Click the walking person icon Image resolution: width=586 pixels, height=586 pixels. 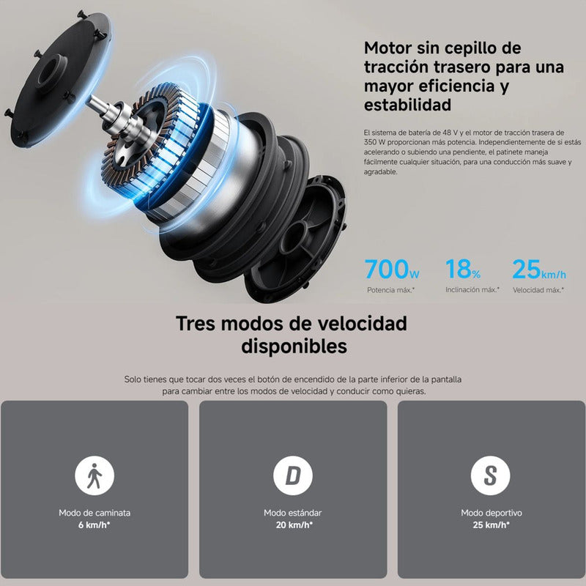click(x=94, y=477)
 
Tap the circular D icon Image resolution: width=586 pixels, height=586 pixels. click(x=292, y=477)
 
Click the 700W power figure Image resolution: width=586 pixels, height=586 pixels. click(x=393, y=270)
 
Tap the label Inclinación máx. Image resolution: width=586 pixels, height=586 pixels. click(x=472, y=290)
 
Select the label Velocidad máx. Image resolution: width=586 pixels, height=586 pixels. click(x=538, y=290)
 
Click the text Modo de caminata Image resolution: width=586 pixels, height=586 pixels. click(x=94, y=513)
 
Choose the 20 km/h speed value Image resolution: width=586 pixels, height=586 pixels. click(x=292, y=524)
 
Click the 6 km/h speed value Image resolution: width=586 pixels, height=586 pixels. click(x=94, y=524)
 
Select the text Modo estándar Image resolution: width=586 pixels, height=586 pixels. click(x=292, y=513)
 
